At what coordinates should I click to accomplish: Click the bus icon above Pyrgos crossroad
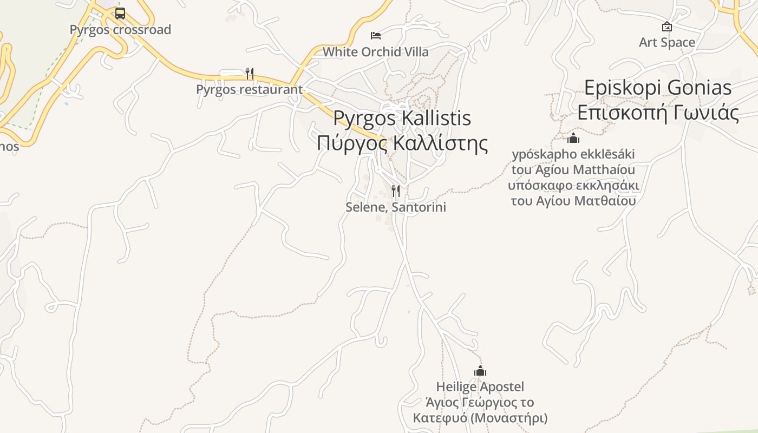coord(120,14)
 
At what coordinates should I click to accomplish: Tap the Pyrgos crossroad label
coord(120,30)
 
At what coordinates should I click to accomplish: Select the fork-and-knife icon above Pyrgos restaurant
coord(250,73)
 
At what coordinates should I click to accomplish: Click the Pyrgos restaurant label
coord(249,89)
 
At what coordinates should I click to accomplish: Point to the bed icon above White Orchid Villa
coord(376,36)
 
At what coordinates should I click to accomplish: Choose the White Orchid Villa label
coord(376,52)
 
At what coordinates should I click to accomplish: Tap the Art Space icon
coord(667,26)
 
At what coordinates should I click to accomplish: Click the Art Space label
coord(667,42)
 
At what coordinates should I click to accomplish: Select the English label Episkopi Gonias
coord(658,88)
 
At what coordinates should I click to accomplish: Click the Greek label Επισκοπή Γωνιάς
coord(658,113)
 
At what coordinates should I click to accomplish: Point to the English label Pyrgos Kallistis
coord(402,118)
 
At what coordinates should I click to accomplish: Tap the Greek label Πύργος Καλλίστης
coord(402,143)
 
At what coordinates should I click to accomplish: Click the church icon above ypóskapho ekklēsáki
coord(573,138)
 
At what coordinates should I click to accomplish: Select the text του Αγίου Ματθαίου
coord(573,201)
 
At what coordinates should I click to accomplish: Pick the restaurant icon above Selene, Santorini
coord(396,191)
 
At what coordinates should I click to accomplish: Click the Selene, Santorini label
coord(396,207)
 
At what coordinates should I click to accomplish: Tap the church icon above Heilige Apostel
coord(480,371)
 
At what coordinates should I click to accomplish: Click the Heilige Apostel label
coord(480,387)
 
